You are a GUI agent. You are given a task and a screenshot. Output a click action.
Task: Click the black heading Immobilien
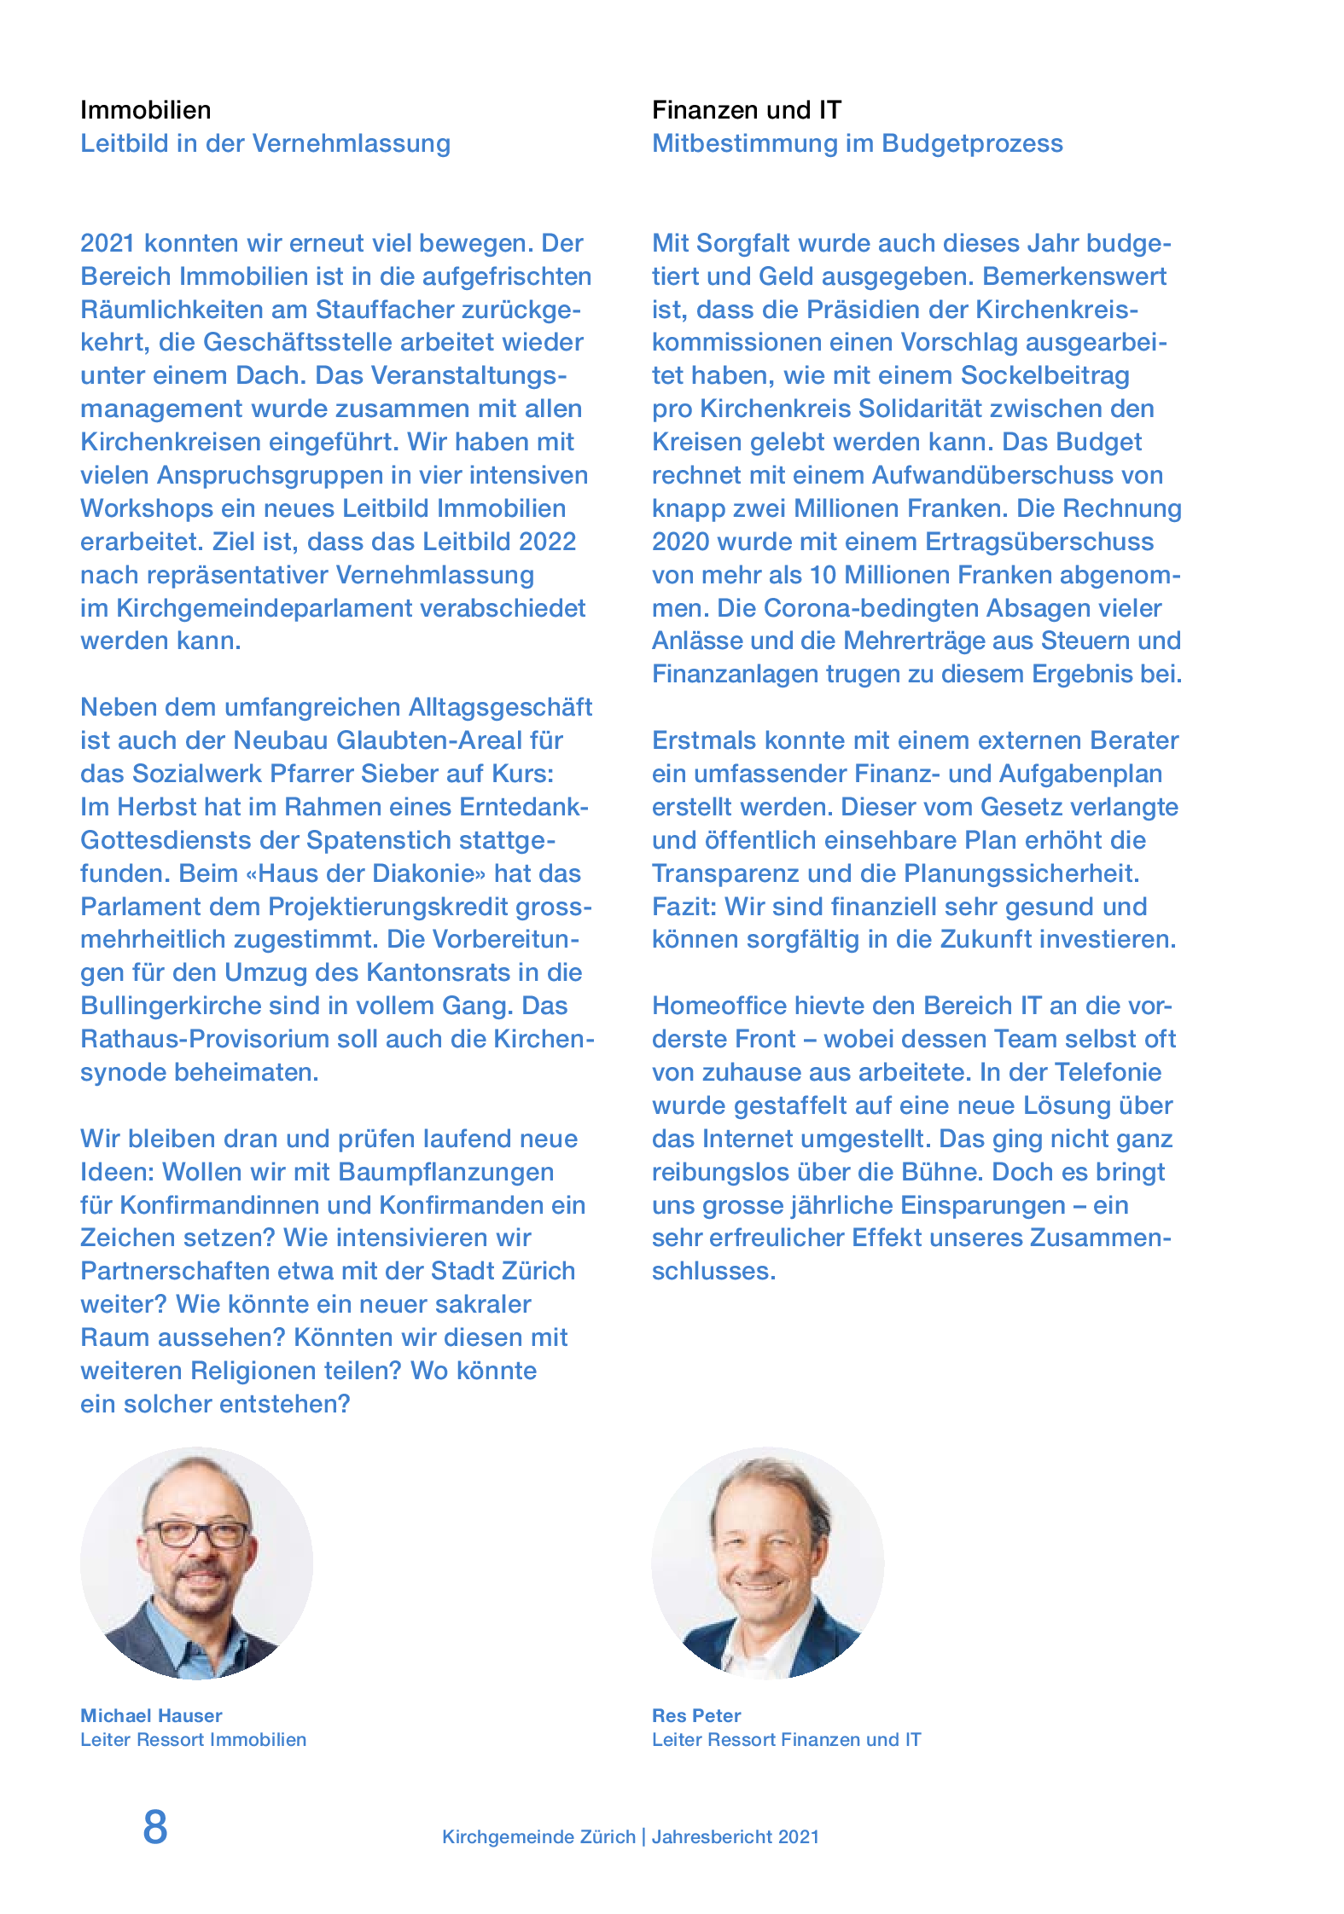click(145, 110)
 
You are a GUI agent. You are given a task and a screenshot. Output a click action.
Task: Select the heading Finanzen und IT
click(747, 110)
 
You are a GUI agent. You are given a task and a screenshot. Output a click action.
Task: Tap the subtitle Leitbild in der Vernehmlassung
click(265, 143)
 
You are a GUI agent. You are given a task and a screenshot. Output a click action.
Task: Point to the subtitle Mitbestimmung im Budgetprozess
click(857, 143)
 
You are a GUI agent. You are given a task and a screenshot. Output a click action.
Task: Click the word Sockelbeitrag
click(1044, 375)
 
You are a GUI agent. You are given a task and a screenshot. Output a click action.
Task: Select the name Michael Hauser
click(151, 1716)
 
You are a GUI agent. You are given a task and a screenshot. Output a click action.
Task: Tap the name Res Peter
click(696, 1716)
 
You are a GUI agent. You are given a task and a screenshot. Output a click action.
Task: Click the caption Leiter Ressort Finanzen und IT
click(786, 1740)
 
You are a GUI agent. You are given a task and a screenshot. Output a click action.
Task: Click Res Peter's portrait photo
click(767, 1563)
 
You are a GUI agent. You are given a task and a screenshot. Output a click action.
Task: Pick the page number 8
click(155, 1827)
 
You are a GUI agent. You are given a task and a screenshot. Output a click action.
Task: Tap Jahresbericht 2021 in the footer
click(735, 1837)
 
